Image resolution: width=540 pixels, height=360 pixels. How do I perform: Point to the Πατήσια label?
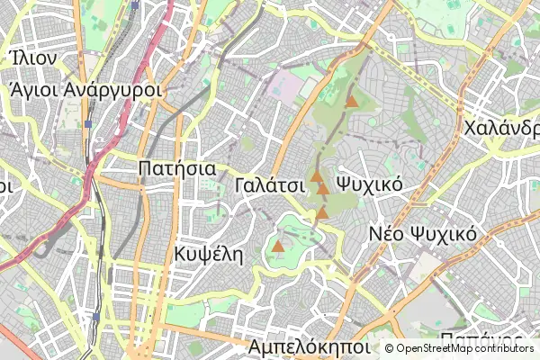176,168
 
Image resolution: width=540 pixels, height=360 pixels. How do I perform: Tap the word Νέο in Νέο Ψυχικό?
388,234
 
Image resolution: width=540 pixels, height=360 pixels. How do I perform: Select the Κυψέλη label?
211,253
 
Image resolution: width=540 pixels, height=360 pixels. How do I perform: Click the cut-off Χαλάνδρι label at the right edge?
500,128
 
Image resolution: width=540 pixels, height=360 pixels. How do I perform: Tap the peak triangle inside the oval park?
278,245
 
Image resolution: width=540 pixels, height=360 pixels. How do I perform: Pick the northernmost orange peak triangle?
352,103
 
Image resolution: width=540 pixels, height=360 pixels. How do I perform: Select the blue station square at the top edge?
134,4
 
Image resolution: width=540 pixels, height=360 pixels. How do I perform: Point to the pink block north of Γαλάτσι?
289,86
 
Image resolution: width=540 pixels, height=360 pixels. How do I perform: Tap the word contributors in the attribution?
506,348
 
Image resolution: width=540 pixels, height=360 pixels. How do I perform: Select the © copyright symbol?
389,348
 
